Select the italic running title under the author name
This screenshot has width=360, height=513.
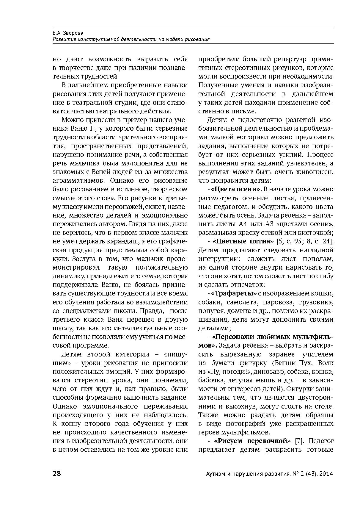[x=131, y=39]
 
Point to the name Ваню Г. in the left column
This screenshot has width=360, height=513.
[x=84, y=129]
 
